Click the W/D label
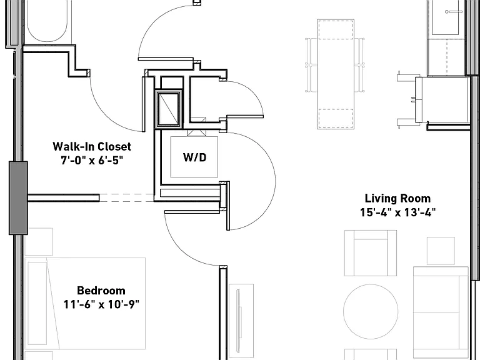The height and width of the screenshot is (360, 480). (195, 157)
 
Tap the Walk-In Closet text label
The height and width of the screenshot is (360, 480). (92, 146)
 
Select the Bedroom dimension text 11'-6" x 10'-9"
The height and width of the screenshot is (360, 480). (101, 304)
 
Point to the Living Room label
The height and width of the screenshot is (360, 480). (397, 198)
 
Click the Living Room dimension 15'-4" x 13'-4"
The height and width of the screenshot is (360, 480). (397, 212)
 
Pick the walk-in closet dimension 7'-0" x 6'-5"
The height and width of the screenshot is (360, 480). (92, 160)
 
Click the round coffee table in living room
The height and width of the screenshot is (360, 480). (371, 311)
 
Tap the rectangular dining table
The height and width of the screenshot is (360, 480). (336, 74)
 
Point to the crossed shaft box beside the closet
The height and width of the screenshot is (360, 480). (167, 109)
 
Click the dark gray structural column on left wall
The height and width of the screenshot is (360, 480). (18, 198)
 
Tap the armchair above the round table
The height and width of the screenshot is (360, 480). (371, 253)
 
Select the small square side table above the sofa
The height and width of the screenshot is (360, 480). (441, 251)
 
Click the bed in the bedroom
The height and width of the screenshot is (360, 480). (85, 303)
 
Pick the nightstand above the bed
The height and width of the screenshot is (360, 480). (39, 241)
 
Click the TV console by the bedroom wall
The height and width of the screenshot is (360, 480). (241, 321)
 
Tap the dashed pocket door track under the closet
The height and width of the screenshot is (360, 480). (127, 197)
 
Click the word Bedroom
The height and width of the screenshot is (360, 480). (101, 291)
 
